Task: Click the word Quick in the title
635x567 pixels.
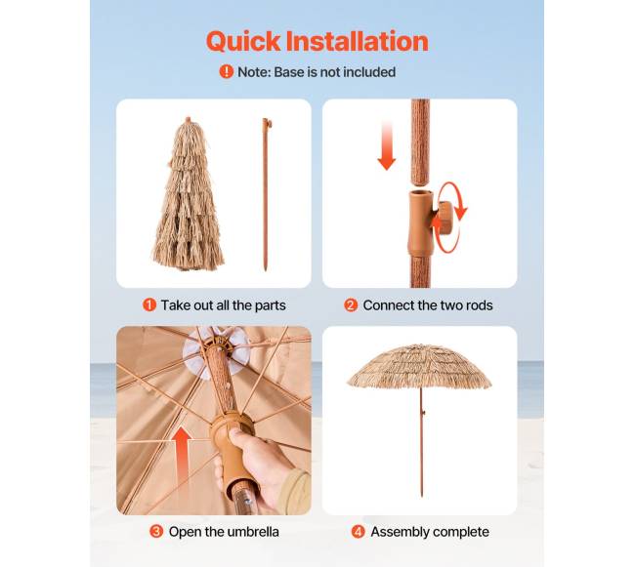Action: pyautogui.click(x=243, y=42)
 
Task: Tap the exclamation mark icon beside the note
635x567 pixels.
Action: pyautogui.click(x=227, y=71)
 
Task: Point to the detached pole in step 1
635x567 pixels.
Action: pyautogui.click(x=266, y=194)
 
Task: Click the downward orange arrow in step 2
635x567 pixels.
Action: pyautogui.click(x=387, y=145)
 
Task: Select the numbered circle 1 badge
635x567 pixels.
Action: pyautogui.click(x=149, y=304)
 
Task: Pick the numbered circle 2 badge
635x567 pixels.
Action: pyautogui.click(x=351, y=304)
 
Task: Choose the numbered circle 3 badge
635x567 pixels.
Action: pyautogui.click(x=156, y=532)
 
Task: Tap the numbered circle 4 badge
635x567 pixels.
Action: pyautogui.click(x=358, y=532)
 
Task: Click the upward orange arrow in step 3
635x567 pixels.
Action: pyautogui.click(x=183, y=455)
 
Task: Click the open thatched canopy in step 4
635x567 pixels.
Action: pyautogui.click(x=420, y=366)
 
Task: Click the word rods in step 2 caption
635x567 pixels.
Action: pyautogui.click(x=479, y=305)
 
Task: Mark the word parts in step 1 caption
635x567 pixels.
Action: pyautogui.click(x=270, y=305)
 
